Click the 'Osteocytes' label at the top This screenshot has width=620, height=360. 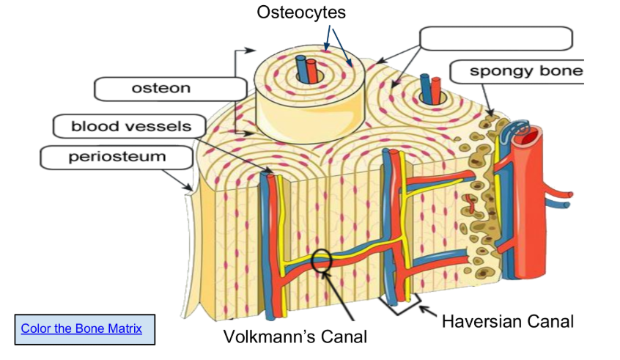tap(300, 12)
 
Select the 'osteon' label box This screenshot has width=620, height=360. tap(170, 89)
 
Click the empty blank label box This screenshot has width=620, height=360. tap(496, 38)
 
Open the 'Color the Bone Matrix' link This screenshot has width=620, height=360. tap(81, 328)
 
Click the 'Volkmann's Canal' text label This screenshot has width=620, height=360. tap(295, 337)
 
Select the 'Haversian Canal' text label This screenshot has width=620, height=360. tap(507, 321)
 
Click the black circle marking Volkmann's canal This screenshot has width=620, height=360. tap(322, 259)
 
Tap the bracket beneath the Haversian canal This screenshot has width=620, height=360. tap(399, 306)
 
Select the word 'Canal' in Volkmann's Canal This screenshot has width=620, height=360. tap(342, 337)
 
